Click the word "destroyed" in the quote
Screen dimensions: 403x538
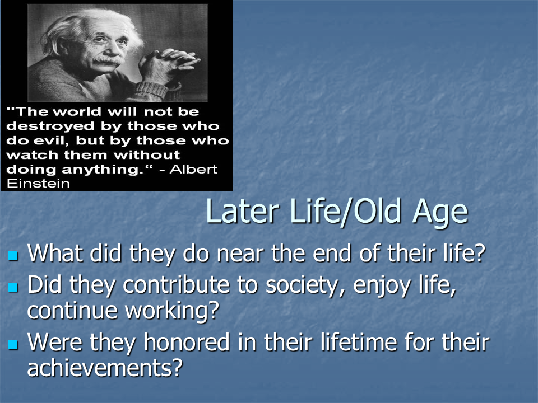tap(47, 126)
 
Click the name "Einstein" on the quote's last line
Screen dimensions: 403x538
tap(38, 184)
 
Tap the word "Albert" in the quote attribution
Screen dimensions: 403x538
tap(192, 170)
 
